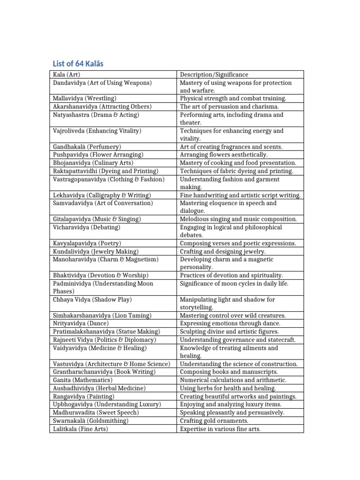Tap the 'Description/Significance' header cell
(214, 75)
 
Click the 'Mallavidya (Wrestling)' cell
(84, 98)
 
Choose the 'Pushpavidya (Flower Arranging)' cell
(97, 155)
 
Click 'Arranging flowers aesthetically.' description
(224, 155)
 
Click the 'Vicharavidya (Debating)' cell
(86, 227)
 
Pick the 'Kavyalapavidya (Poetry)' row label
(87, 243)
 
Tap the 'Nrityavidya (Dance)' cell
(80, 323)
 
